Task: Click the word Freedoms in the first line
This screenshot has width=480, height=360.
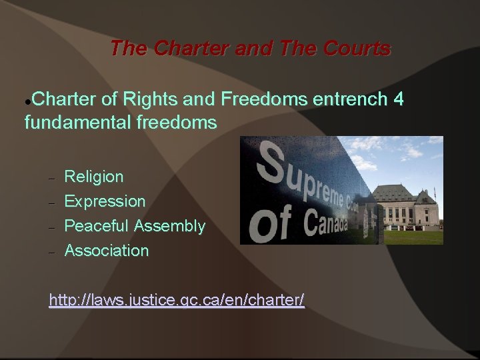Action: click(264, 100)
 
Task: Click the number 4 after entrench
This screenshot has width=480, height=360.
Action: click(398, 100)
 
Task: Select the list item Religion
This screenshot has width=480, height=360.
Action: click(94, 177)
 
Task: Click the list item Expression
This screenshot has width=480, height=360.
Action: click(105, 201)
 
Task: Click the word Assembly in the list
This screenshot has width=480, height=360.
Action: click(169, 226)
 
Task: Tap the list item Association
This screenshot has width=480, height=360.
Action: click(107, 251)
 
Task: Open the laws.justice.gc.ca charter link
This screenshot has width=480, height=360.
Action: click(177, 301)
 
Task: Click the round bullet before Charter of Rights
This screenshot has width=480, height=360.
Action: click(27, 102)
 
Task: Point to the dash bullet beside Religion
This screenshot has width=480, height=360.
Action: click(51, 178)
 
